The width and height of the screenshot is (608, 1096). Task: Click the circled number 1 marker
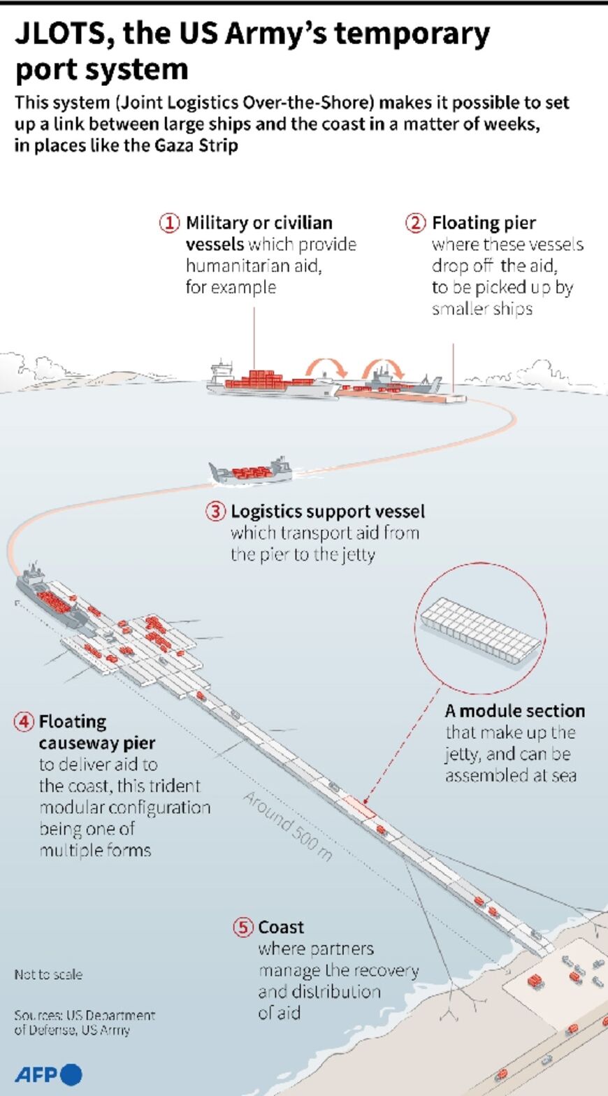tap(169, 223)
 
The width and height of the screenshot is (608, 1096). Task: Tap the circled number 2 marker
tap(415, 223)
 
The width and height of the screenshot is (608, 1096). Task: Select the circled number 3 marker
tap(215, 511)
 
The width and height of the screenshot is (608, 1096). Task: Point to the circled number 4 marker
tap(24, 721)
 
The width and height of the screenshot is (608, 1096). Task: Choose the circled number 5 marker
tap(243, 927)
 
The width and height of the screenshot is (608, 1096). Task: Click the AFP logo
tap(48, 1074)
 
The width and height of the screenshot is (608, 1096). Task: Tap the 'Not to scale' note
tap(48, 974)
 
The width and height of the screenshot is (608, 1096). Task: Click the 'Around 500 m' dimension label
tap(287, 825)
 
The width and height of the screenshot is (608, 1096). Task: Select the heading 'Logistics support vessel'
tap(328, 511)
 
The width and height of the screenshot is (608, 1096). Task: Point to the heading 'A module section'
tap(515, 711)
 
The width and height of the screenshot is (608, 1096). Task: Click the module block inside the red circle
tap(479, 633)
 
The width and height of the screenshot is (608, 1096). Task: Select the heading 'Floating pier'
tap(484, 223)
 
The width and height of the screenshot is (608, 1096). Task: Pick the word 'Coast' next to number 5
tap(281, 927)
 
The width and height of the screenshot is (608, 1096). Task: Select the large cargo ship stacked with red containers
tap(273, 381)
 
